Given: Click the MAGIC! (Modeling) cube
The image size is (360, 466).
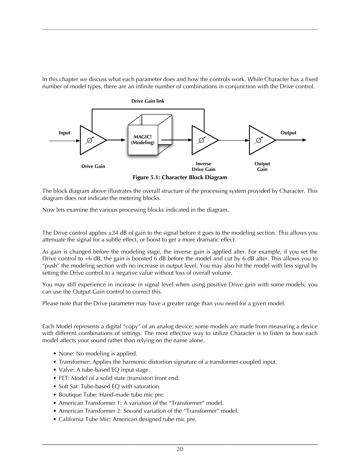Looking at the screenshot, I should [143, 140].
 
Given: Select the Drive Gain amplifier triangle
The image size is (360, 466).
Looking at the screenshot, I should [90, 140].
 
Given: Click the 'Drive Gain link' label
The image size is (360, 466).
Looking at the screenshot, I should [148, 101].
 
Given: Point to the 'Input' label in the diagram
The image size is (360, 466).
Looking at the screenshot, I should [65, 133].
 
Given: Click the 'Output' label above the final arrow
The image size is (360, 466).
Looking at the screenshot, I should [288, 133].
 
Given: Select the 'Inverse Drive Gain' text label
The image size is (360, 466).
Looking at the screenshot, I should [203, 166].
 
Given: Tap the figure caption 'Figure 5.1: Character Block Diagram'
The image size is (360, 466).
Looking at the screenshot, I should [180, 177].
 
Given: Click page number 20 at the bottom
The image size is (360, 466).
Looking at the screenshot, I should [180, 449].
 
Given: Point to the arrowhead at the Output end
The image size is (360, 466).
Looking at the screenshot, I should [304, 140].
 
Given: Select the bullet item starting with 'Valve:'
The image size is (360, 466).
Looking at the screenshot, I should [104, 370].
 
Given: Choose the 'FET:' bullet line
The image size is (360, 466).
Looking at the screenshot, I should [119, 378].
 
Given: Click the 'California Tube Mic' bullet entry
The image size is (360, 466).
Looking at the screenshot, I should [128, 419].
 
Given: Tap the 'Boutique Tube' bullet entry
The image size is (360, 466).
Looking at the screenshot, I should [111, 395].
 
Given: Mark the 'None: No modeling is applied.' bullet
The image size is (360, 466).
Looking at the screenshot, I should [98, 354].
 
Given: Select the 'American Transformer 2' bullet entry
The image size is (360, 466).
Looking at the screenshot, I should [148, 411].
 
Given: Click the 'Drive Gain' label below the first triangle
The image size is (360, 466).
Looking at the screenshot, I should [93, 166].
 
